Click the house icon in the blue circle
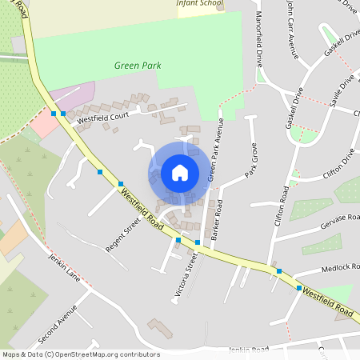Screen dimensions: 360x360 [x=179, y=173]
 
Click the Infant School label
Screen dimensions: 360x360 [x=200, y=3]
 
